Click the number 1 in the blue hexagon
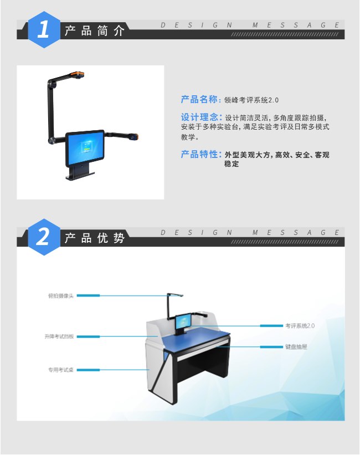[44, 29]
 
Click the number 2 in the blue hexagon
[44, 237]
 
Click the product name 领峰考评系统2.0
[251, 100]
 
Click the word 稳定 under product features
[232, 165]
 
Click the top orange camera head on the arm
[77, 73]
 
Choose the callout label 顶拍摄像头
[60, 295]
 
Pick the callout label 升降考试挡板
[59, 336]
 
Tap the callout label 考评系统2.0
[300, 326]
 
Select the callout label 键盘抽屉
[296, 347]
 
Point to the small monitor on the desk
[183, 323]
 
